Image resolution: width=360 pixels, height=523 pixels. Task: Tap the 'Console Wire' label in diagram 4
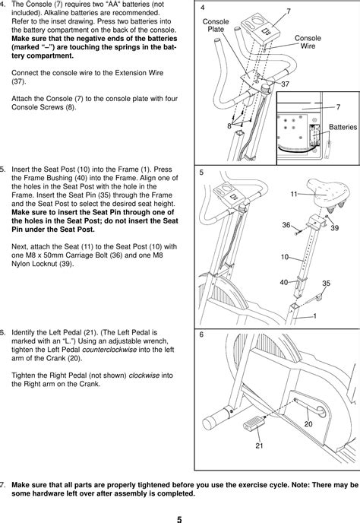307,41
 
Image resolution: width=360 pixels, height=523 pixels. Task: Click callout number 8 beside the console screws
229,126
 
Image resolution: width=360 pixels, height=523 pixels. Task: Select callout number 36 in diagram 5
286,225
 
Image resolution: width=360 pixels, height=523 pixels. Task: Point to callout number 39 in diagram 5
334,228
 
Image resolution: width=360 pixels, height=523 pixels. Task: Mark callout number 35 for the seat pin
326,283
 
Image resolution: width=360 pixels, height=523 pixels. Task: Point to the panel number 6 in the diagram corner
201,336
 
